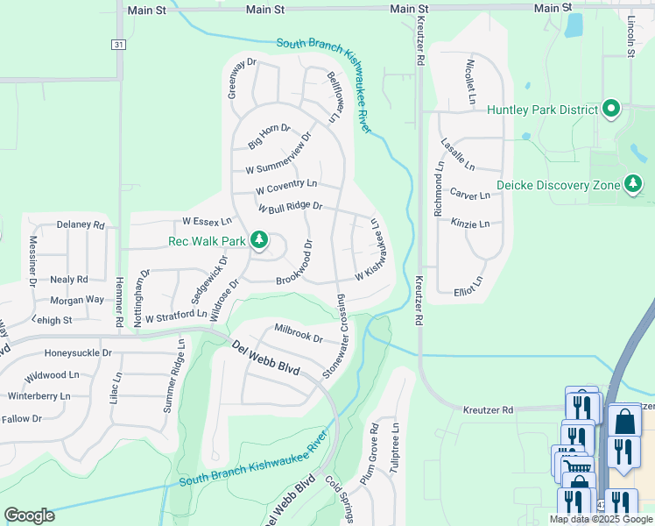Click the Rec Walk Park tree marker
[259, 239]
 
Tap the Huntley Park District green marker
[612, 110]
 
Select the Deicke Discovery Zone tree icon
[632, 184]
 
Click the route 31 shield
[118, 45]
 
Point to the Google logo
[29, 515]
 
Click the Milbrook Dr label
[299, 333]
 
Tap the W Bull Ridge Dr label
[291, 208]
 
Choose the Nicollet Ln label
[470, 75]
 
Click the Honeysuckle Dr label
[78, 353]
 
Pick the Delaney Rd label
[81, 225]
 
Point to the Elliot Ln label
[468, 287]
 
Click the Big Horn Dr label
[269, 135]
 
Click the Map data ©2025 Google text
[601, 519]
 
